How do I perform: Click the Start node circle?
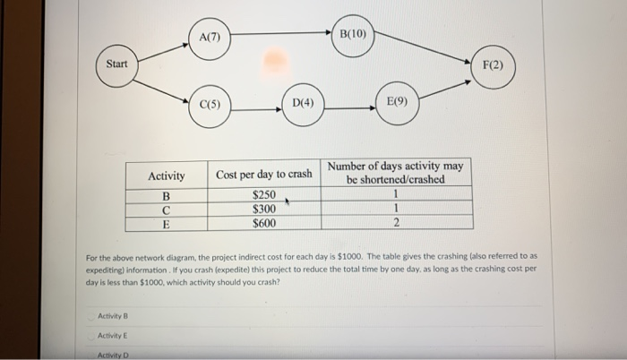[117, 64]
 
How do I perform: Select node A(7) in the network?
[211, 37]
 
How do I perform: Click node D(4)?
[304, 103]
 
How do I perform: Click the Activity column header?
[166, 176]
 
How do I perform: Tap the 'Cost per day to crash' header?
[264, 175]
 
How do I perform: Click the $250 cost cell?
[263, 195]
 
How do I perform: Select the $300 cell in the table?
[263, 209]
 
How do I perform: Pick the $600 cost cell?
[263, 223]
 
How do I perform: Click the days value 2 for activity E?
[396, 223]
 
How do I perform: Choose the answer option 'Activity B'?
[111, 314]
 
